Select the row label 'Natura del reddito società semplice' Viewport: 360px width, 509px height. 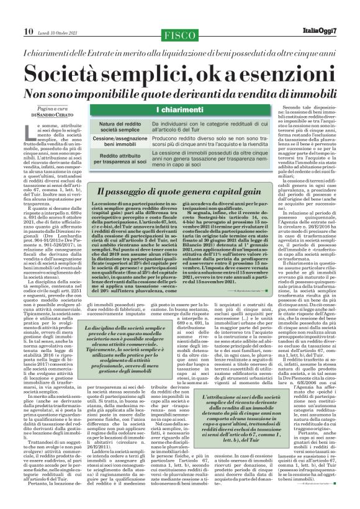point(120,128)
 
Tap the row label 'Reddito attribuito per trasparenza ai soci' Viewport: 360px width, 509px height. point(120,161)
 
